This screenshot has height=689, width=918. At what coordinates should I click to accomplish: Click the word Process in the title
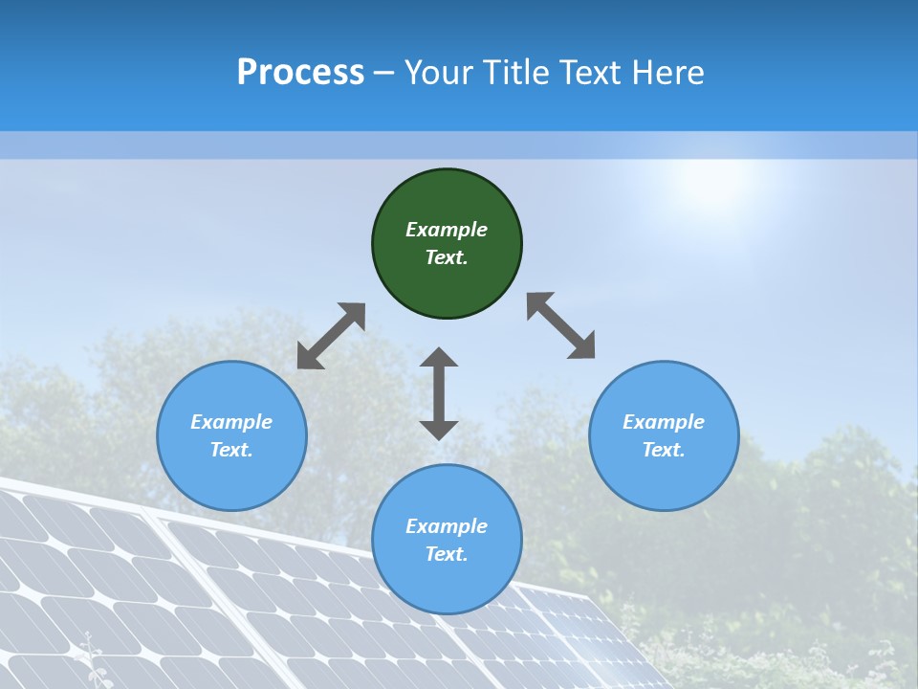point(300,73)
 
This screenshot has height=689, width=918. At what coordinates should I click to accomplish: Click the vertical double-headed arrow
point(439,393)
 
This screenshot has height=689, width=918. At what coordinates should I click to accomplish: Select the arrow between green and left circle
point(331,336)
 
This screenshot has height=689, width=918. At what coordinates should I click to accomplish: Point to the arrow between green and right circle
point(561,325)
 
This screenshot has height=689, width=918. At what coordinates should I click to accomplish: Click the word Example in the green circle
point(447,230)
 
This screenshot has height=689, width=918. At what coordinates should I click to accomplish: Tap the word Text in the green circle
point(446,257)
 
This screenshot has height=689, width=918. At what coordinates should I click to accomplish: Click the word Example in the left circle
point(231,422)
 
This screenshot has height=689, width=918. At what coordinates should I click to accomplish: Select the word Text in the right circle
point(662,450)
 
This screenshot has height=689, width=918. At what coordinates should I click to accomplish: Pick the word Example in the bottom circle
point(447,526)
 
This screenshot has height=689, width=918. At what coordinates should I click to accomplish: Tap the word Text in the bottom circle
point(446,554)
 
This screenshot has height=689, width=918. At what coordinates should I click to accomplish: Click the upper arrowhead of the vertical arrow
point(439,358)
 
